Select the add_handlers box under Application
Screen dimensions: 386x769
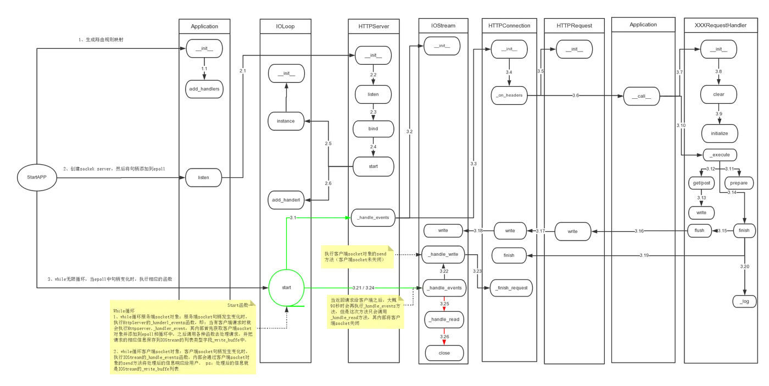204,89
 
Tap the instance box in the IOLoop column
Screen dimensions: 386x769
286,121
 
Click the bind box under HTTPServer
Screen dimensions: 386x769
373,129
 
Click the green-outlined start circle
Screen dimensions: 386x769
286,287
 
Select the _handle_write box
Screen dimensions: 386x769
443,255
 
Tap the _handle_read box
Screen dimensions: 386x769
443,320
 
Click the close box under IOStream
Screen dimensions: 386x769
443,353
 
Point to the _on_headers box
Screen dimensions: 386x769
510,95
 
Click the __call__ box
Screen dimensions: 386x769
641,97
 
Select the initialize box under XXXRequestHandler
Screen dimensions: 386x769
719,133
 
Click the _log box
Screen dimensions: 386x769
744,301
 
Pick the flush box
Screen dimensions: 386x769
699,231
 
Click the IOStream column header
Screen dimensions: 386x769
443,25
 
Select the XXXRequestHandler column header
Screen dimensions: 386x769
720,25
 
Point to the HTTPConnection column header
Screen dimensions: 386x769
509,25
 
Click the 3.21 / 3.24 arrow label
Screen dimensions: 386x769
362,288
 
